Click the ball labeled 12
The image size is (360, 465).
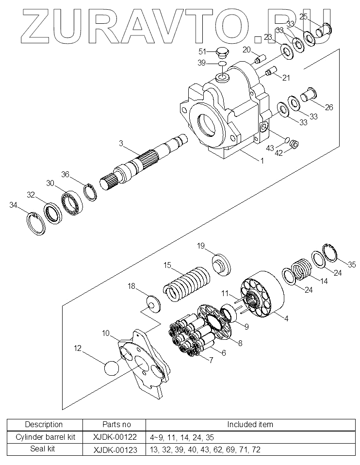[x=112, y=368]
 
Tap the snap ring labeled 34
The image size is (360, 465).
[x=35, y=224]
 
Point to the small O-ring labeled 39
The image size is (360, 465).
[x=222, y=64]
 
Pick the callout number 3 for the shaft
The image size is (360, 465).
[x=121, y=143]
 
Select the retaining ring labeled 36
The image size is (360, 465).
[x=90, y=193]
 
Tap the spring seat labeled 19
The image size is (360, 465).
[x=222, y=264]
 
